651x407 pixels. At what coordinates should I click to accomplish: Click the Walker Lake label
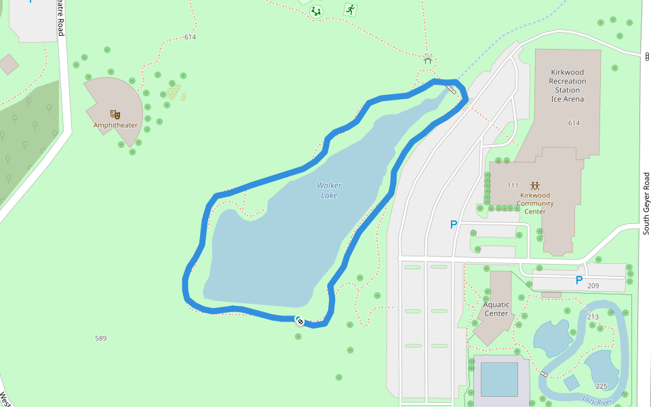pos(329,190)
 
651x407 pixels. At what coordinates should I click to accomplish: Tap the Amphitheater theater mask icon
pos(115,114)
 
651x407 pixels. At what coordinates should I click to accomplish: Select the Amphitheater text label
pos(115,125)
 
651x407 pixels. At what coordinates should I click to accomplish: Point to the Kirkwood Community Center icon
pos(535,185)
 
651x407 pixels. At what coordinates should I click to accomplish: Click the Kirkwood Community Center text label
pos(535,203)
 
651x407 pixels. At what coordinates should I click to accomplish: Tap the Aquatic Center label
pos(496,309)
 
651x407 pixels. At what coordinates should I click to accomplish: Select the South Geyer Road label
pos(646,203)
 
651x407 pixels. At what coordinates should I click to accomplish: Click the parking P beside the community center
pos(454,225)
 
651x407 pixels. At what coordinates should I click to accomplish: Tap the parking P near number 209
pos(579,280)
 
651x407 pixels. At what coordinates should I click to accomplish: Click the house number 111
pos(512,185)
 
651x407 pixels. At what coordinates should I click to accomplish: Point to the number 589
pos(100,338)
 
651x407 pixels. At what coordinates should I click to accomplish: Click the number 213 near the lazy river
pos(593,317)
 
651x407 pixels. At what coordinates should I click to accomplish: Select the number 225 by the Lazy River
pos(601,386)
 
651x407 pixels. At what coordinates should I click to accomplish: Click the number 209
pos(593,286)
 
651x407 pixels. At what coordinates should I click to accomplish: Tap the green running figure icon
pos(350,9)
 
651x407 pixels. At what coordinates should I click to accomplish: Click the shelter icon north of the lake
pos(428,59)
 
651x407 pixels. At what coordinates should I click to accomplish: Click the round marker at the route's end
pos(299,321)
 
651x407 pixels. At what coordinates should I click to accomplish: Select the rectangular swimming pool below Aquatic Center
pos(498,379)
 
